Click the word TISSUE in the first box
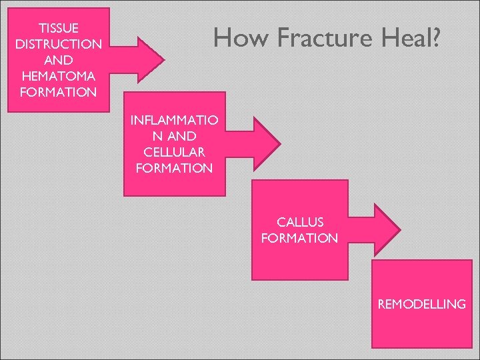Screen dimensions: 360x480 click(59, 28)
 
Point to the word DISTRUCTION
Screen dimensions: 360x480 click(59, 44)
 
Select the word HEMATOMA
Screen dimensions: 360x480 click(59, 76)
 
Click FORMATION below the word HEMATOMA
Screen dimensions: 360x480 click(59, 92)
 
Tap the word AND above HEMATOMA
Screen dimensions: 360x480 click(59, 60)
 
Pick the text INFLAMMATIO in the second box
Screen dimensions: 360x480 click(174, 121)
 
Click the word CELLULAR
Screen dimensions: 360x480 click(174, 153)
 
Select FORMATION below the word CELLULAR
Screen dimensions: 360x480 click(174, 169)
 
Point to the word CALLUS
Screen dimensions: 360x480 click(299, 222)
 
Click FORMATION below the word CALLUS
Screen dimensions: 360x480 click(299, 238)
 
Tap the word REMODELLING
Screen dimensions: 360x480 click(421, 305)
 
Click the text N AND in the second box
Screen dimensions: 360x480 click(174, 137)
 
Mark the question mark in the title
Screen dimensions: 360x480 click(434, 39)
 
